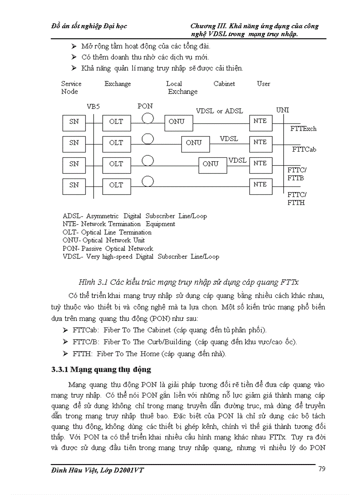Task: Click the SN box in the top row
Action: tap(74, 122)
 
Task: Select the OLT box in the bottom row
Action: tap(116, 185)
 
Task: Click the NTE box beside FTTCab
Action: tap(260, 142)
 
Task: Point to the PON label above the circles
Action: tap(145, 106)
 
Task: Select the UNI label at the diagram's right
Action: tap(282, 110)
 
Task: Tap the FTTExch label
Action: tap(303, 129)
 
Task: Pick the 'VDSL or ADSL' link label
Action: tap(219, 111)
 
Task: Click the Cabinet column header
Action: tap(224, 84)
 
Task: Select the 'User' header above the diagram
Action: tap(263, 84)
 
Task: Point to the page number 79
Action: tap(322, 469)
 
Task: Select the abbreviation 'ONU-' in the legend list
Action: tap(72, 240)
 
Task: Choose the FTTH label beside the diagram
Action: tap(296, 203)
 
